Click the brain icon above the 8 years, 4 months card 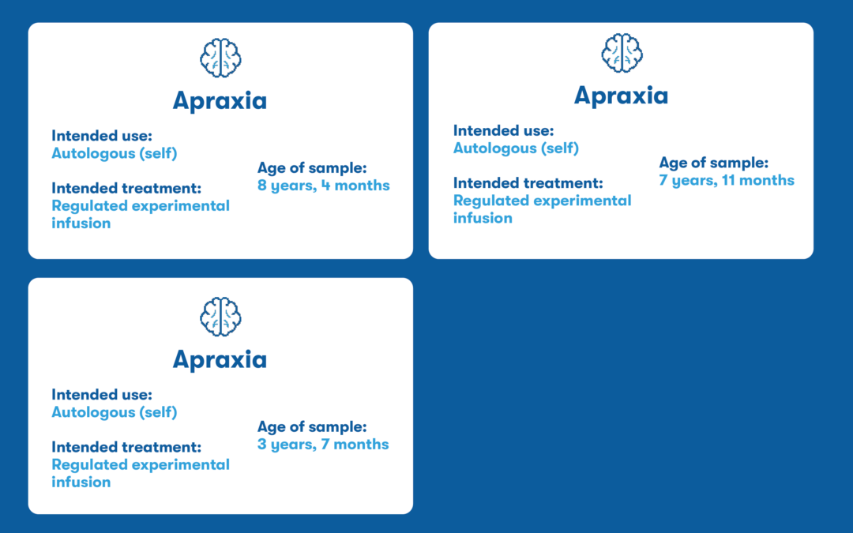[x=220, y=58]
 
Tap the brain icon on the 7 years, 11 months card [x=622, y=53]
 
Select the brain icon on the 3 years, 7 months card [x=220, y=317]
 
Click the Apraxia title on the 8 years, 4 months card [x=220, y=100]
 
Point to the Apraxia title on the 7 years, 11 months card [x=622, y=96]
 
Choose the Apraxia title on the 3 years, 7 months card [x=220, y=359]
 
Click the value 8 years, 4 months [x=324, y=186]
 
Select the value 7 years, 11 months [x=727, y=181]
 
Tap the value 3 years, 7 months [x=323, y=445]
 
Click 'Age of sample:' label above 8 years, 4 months [x=312, y=168]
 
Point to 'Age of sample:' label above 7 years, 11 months [x=714, y=163]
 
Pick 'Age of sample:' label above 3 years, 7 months [x=312, y=427]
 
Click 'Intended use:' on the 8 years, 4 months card [x=102, y=136]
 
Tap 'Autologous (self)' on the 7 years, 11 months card [x=517, y=148]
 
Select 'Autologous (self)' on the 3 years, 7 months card [x=115, y=412]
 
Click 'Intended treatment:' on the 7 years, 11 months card [x=528, y=183]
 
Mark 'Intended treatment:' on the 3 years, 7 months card [x=126, y=447]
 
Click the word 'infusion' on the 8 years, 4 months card [x=81, y=223]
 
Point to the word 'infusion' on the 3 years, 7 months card [x=81, y=482]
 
